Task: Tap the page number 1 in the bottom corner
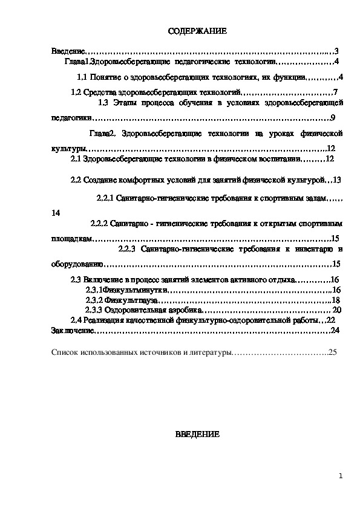341,476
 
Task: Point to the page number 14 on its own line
56,213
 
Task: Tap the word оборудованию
70,264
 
